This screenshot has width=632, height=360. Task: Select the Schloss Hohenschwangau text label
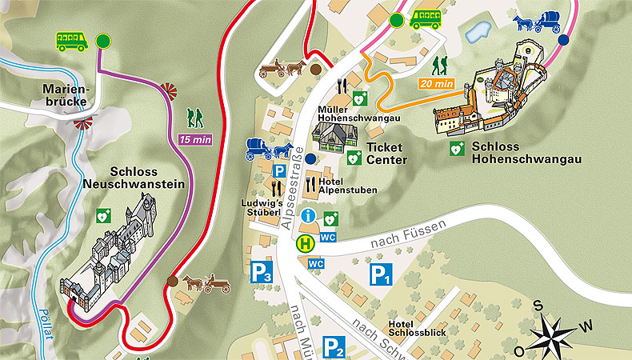coord(526,153)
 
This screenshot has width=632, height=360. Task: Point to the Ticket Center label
coord(386,154)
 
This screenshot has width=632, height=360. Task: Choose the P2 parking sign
coord(334,347)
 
